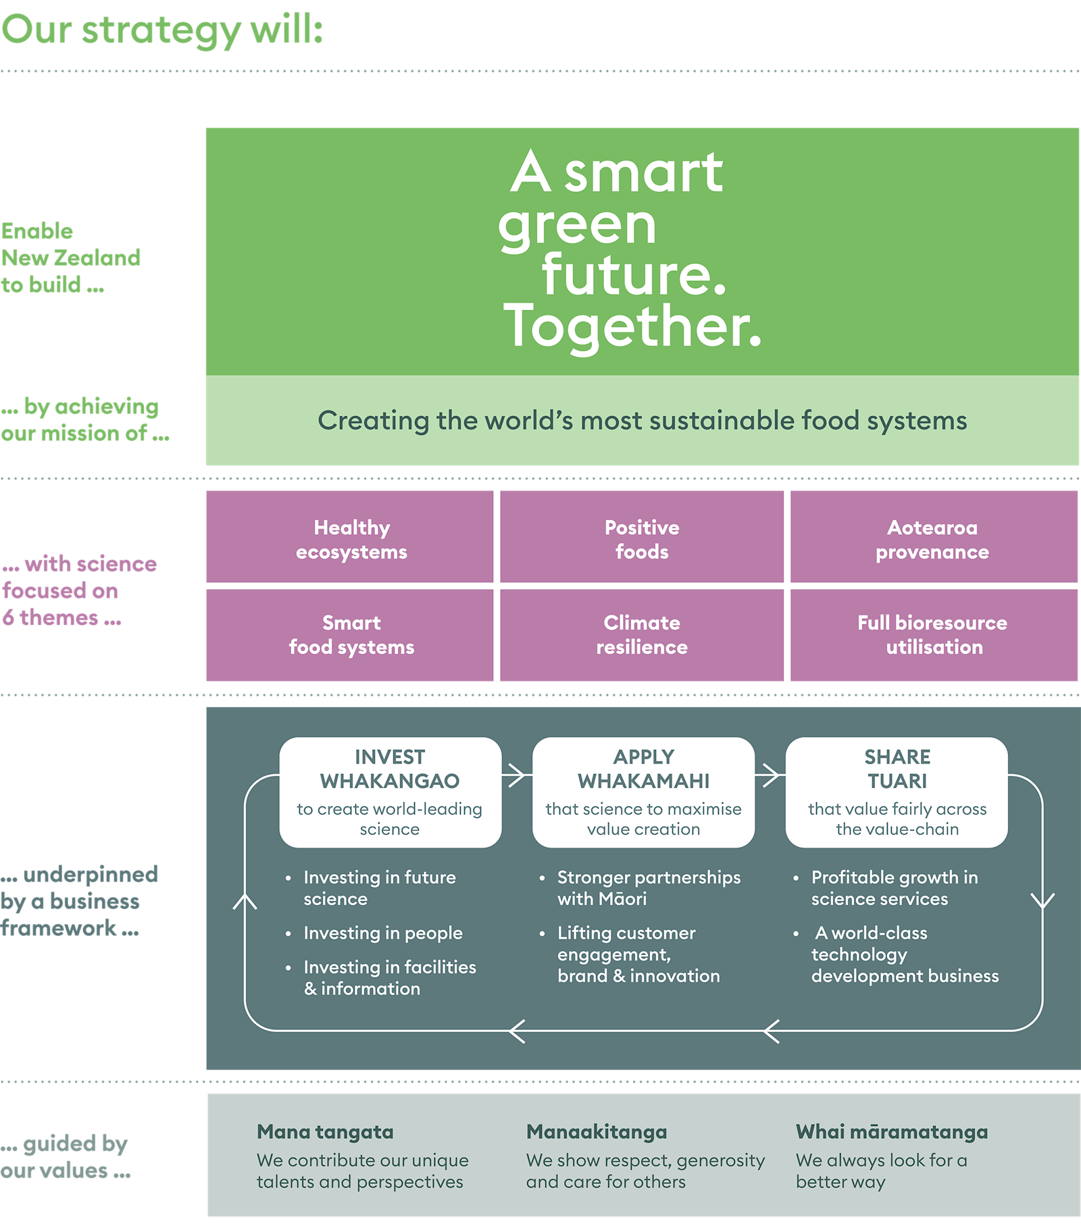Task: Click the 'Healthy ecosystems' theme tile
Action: [x=351, y=539]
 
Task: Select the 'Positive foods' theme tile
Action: [x=642, y=539]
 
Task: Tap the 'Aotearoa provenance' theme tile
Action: [x=932, y=539]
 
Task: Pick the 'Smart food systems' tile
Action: [x=351, y=635]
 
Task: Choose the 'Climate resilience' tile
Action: [x=642, y=635]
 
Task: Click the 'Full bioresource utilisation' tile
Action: [x=932, y=635]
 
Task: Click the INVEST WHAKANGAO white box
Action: [x=390, y=792]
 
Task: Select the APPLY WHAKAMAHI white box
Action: [x=643, y=792]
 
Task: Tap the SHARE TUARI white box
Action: [x=897, y=792]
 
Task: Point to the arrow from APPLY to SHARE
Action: [x=770, y=775]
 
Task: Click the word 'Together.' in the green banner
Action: [x=632, y=326]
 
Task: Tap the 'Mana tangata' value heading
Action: [x=325, y=1131]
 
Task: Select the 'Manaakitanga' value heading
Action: [x=597, y=1131]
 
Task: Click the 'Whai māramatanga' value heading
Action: [x=891, y=1131]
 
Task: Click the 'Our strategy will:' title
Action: [x=162, y=30]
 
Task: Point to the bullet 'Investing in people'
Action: [x=382, y=933]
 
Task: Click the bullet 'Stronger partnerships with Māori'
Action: [x=648, y=888]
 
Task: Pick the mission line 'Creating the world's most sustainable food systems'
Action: [x=642, y=420]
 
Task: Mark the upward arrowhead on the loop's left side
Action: [x=245, y=901]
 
